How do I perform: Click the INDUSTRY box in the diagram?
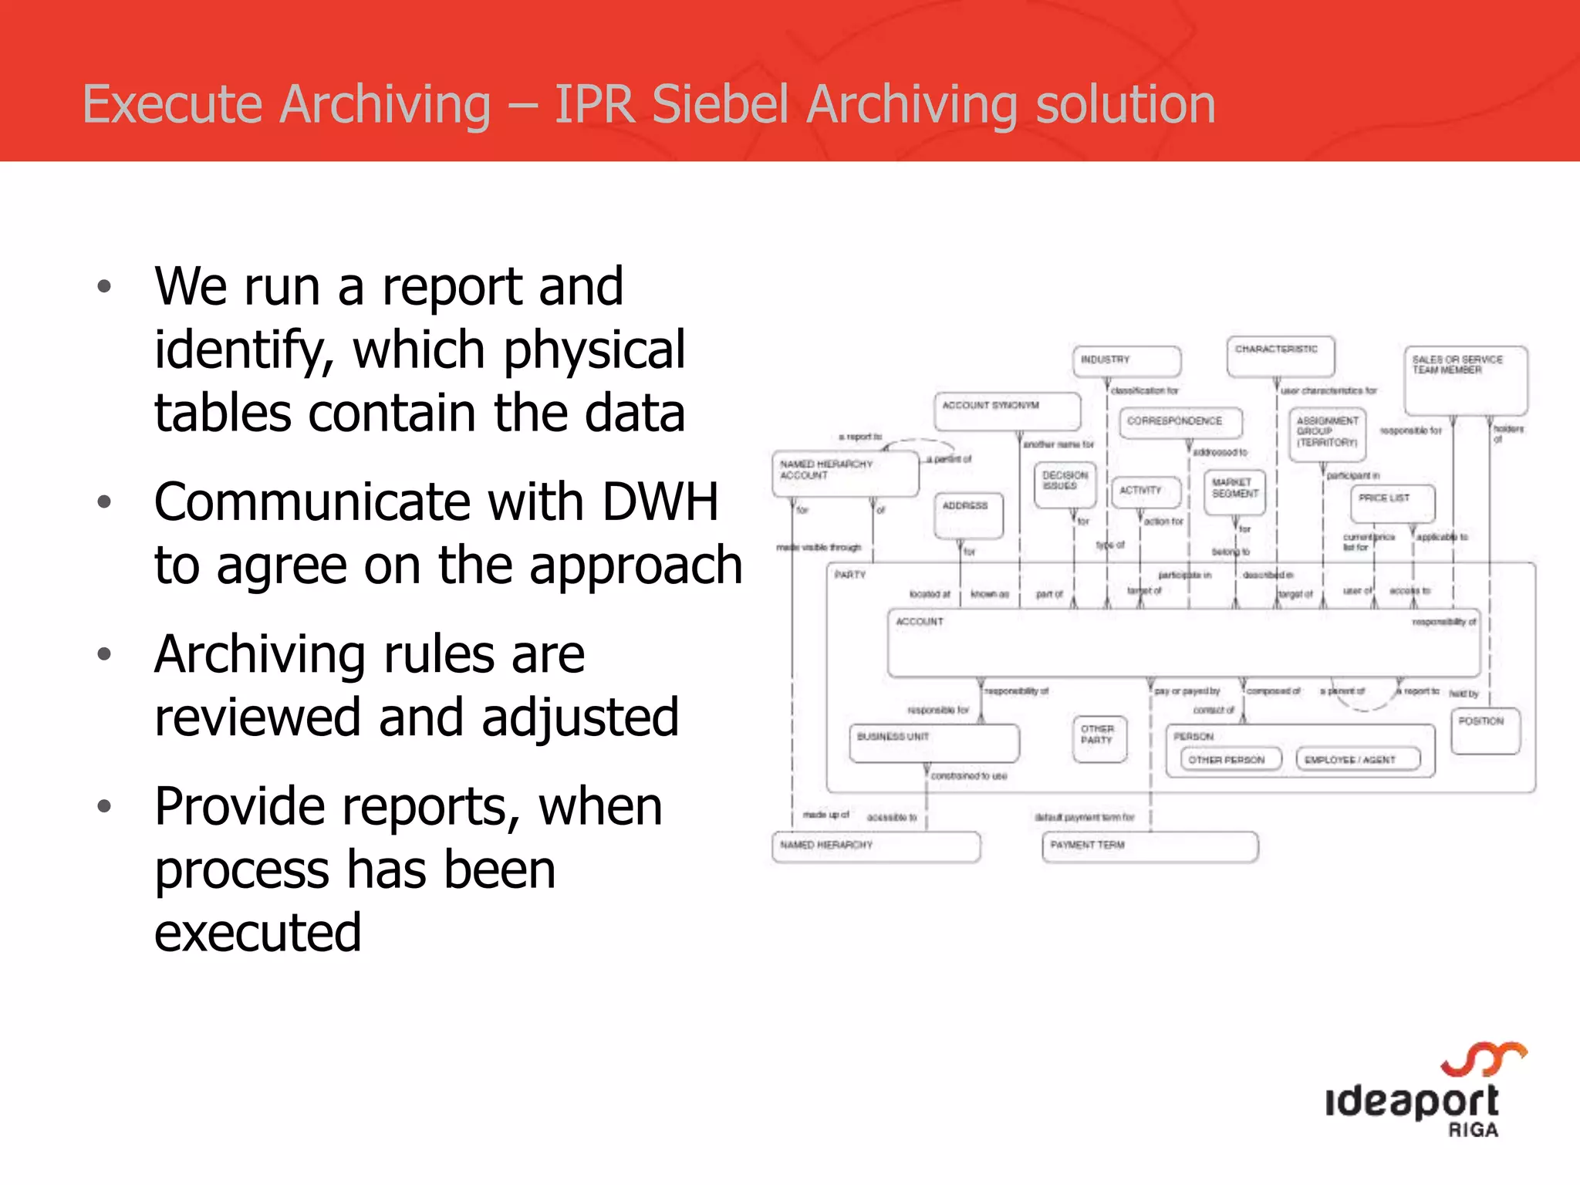coord(1126,361)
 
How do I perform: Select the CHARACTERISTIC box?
coord(1281,356)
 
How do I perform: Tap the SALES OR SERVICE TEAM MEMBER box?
coord(1466,380)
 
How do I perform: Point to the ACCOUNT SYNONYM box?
coord(1007,411)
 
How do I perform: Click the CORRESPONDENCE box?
coord(1180,423)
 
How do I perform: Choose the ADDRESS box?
coord(968,515)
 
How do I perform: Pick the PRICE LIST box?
coord(1393,503)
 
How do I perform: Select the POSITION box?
coord(1485,731)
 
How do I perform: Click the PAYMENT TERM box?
coord(1150,846)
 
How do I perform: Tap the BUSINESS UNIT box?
coord(933,742)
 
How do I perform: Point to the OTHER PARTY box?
coord(1099,738)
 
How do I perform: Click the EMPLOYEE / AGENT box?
coord(1358,759)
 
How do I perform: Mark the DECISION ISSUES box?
coord(1065,484)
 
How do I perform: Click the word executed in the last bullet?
coord(258,933)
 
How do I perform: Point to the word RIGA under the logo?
coord(1473,1130)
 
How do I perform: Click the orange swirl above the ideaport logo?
coord(1483,1058)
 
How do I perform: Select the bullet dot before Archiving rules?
coord(105,654)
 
